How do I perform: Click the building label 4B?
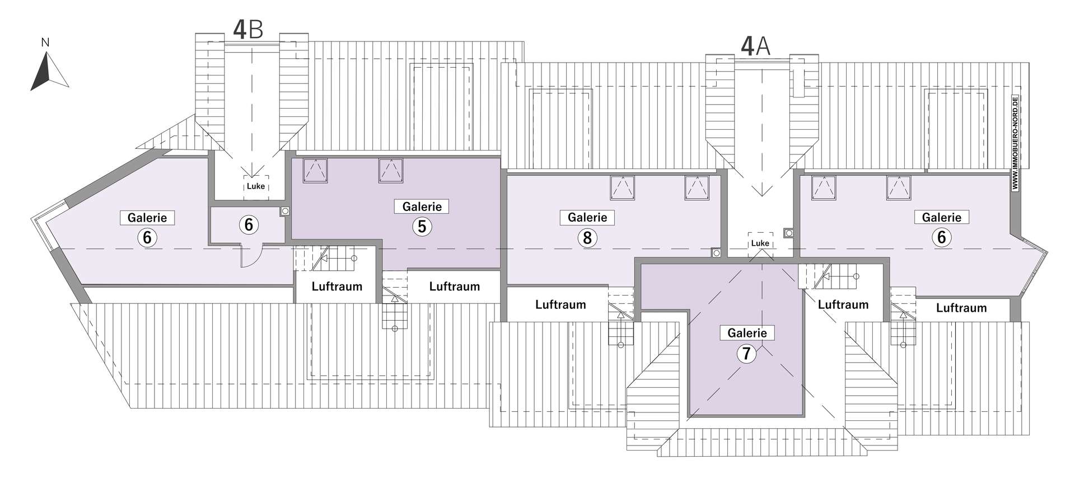(247, 30)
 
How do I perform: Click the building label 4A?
(755, 46)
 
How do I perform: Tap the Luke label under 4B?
(256, 186)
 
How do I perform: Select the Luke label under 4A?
(760, 243)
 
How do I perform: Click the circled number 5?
(422, 227)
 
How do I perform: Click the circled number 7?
(746, 353)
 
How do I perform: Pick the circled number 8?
(587, 238)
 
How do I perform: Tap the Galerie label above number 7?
(747, 333)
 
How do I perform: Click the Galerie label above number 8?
(587, 217)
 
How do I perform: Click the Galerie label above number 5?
(422, 207)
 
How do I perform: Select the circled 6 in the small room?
(249, 225)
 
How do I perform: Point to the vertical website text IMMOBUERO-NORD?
(1016, 144)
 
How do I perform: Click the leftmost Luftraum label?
(336, 287)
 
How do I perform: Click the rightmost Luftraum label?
(961, 308)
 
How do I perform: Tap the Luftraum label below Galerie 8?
(560, 304)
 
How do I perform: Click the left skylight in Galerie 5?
(315, 171)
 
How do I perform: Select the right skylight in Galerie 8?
(697, 188)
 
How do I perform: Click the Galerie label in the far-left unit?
(147, 217)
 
